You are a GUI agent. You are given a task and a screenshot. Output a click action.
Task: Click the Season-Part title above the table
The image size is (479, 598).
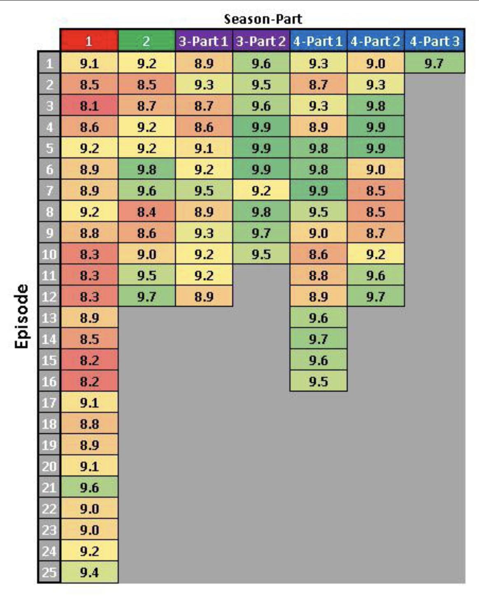(x=263, y=19)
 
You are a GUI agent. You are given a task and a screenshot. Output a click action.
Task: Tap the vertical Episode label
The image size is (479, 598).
(x=21, y=316)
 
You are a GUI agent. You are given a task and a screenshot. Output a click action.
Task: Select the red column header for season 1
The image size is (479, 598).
(x=89, y=41)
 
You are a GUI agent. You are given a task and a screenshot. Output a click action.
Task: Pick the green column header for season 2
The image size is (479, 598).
(x=146, y=41)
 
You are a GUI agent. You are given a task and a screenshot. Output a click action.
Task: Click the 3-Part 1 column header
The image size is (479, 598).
(x=204, y=41)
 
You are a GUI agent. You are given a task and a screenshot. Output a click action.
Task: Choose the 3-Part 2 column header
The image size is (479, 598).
(x=261, y=41)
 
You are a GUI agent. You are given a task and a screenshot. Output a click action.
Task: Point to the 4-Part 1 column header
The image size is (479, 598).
(x=318, y=41)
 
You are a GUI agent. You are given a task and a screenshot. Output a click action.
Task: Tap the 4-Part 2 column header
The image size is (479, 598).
(x=375, y=41)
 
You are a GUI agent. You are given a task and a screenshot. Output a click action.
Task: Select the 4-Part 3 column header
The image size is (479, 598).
(x=434, y=41)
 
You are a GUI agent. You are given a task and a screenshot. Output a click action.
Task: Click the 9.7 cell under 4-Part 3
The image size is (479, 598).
(x=434, y=63)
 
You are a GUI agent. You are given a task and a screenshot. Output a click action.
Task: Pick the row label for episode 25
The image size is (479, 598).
(x=49, y=572)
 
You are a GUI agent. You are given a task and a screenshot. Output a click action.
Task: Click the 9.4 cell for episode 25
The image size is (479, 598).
(x=89, y=572)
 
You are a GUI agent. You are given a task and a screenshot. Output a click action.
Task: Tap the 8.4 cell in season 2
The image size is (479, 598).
(x=146, y=212)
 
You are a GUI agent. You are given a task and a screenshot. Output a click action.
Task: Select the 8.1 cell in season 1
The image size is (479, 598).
(x=89, y=106)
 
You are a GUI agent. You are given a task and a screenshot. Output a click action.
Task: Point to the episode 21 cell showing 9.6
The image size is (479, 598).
(x=89, y=487)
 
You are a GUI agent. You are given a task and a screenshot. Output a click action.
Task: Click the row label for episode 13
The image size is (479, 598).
(x=49, y=318)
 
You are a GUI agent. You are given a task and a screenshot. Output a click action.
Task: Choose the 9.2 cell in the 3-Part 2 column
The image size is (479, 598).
(x=261, y=191)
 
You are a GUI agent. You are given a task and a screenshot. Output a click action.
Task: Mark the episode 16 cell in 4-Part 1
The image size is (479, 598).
(x=318, y=381)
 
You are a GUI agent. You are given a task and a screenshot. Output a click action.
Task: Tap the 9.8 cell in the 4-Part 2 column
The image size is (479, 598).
(x=375, y=106)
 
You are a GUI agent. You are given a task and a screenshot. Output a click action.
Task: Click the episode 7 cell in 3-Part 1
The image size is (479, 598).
(x=204, y=191)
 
